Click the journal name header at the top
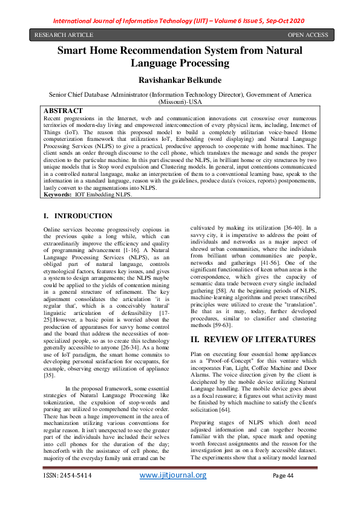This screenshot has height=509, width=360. click(180, 19)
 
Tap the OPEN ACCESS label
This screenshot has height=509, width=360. click(308, 34)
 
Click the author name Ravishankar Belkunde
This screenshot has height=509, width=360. click(180, 80)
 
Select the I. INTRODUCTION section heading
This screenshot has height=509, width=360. click(78, 216)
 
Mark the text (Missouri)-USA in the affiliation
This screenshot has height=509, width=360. click(180, 102)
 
